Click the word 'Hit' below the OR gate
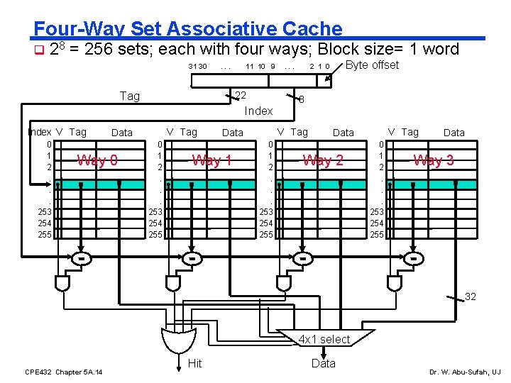coord(194,363)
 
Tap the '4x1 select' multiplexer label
coord(324,339)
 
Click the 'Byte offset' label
coord(371,65)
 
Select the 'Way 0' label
coord(98,160)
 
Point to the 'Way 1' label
coord(211,160)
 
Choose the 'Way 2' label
coord(323,160)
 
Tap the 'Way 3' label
coord(434,160)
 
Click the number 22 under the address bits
coord(241,96)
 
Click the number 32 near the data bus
coord(470,296)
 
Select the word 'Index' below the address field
coord(258,111)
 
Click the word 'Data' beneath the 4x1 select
coord(323,363)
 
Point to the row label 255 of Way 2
coord(265,234)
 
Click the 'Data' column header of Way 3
coord(454,132)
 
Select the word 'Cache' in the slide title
coord(312,28)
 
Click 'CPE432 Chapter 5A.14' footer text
coord(63,372)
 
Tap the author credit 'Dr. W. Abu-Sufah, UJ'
coord(465,372)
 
